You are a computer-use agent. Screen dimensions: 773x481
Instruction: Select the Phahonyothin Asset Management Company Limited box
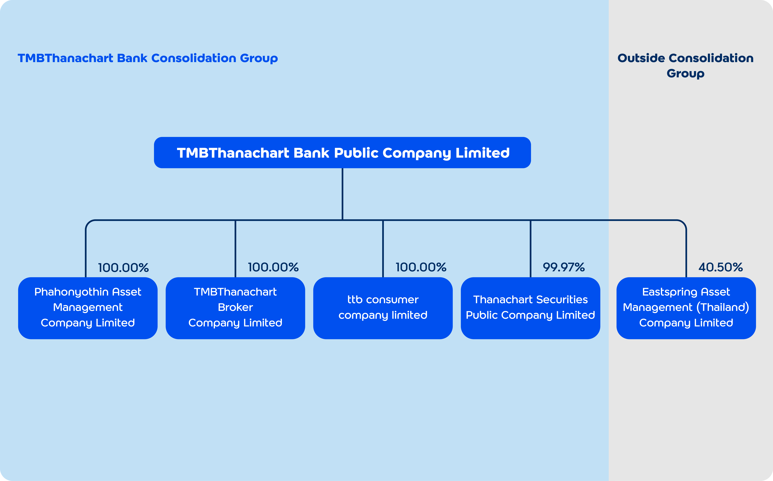coord(88,308)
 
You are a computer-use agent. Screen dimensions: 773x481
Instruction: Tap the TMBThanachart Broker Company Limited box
coord(235,308)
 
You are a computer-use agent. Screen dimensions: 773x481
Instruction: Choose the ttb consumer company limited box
coord(383,308)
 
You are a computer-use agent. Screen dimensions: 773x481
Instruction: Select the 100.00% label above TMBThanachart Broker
coord(273,267)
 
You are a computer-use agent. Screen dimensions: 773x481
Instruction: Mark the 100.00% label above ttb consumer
coord(421,267)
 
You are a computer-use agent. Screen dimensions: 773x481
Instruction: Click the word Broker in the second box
coord(235,307)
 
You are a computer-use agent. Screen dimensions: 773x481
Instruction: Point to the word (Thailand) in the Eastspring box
coord(723,307)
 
